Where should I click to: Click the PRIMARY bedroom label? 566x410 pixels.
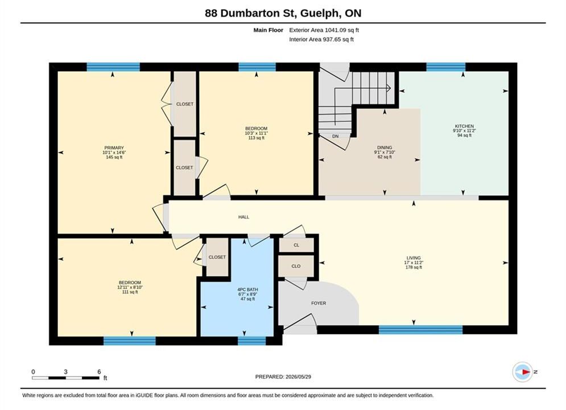114,147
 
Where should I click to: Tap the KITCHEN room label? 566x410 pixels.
464,126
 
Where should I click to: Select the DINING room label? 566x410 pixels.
385,147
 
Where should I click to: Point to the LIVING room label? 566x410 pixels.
414,258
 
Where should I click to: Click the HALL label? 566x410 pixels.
243,217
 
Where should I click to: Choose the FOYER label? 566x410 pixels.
319,304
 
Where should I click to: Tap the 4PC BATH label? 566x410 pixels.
247,290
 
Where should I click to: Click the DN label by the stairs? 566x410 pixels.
336,136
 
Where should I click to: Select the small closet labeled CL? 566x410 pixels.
296,245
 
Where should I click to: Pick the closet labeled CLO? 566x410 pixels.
296,266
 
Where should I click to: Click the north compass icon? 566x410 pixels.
522,372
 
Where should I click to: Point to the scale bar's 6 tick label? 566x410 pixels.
99,371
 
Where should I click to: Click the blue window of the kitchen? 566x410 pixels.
446,67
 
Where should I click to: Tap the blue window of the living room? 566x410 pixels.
420,330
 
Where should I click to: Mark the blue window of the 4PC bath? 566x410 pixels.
251,341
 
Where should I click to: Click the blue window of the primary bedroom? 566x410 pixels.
113,67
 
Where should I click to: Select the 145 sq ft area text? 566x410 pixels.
114,157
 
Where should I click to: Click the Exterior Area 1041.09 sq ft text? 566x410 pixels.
324,30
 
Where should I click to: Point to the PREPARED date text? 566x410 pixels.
283,376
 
